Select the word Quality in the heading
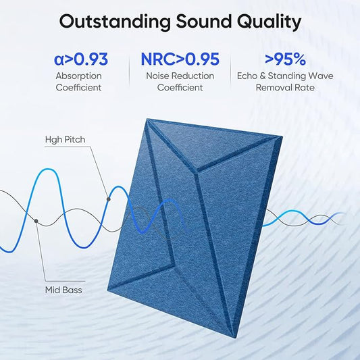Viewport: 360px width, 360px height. click(x=269, y=22)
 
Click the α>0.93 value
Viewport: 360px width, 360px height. click(x=80, y=59)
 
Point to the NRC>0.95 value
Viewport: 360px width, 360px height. click(x=180, y=59)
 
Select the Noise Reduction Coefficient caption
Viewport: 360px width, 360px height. click(x=180, y=81)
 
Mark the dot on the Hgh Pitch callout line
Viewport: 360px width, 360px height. click(x=109, y=199)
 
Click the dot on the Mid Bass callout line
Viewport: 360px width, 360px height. click(x=36, y=220)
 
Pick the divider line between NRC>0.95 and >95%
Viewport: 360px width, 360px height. click(x=230, y=71)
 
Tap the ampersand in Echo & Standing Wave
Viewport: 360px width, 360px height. click(x=263, y=76)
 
